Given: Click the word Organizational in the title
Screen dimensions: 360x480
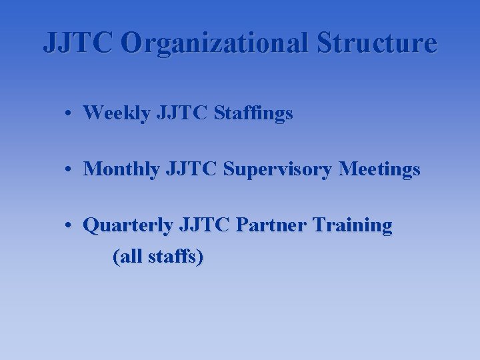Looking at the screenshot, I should (215, 43).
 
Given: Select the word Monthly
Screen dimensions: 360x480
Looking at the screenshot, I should (121, 170).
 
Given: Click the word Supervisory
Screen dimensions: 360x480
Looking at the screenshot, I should (278, 170).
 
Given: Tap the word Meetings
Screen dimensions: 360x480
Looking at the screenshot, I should (379, 170).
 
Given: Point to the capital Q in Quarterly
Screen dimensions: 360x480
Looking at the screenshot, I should (90, 226).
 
